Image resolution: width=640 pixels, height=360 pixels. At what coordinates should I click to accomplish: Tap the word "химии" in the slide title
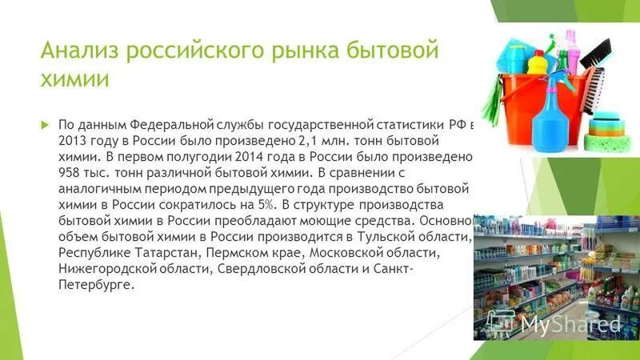(x=73, y=81)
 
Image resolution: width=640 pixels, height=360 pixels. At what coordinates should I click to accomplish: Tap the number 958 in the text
(x=70, y=170)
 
